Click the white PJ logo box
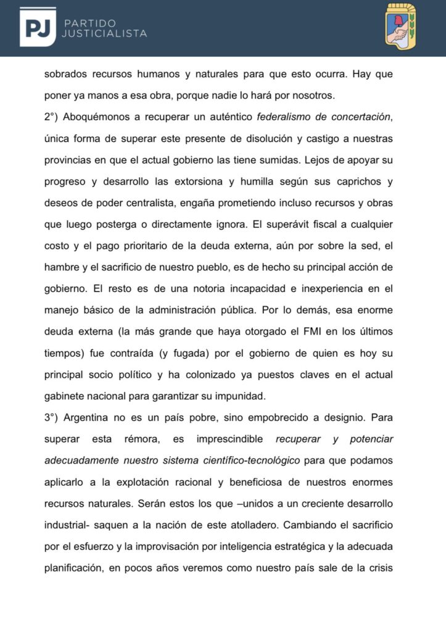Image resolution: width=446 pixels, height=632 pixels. tap(38, 27)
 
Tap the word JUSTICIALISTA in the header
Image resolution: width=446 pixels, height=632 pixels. tap(104, 33)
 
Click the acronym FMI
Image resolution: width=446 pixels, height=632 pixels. tap(286, 332)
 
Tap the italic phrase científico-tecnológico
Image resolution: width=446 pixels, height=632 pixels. tap(249, 460)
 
